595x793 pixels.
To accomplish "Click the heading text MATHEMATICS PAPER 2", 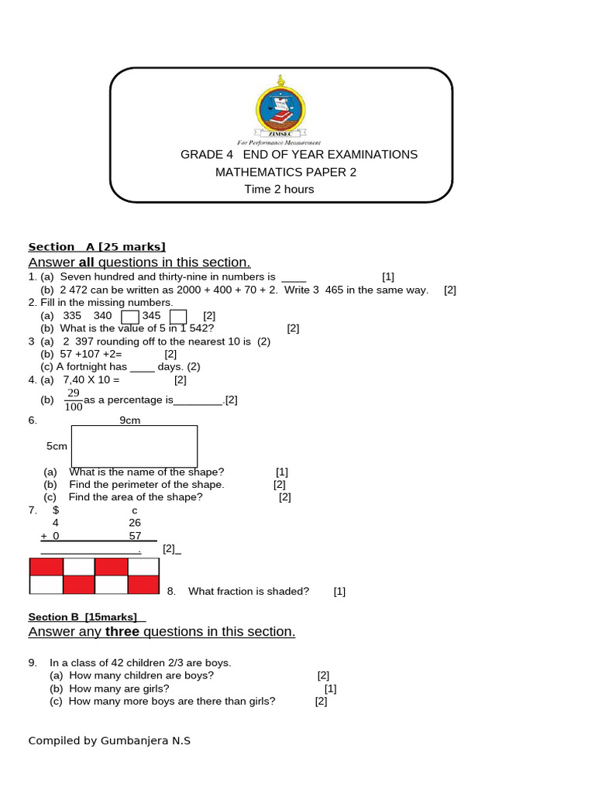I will click(x=286, y=172).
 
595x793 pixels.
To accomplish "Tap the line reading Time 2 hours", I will click(x=279, y=189).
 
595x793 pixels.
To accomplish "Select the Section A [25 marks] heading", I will click(x=97, y=247).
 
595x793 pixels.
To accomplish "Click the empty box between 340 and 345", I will click(x=130, y=317).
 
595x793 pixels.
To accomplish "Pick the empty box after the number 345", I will click(x=178, y=317).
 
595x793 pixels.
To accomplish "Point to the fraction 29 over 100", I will click(x=74, y=400).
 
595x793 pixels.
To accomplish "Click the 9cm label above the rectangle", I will click(x=129, y=421).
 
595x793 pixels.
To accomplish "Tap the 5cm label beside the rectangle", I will click(x=57, y=446).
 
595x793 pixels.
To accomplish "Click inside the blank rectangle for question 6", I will click(x=134, y=446).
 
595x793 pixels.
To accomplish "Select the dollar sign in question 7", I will click(x=56, y=510).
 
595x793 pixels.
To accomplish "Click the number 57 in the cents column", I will click(x=136, y=536).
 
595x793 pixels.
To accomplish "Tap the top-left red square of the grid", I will click(x=46, y=567).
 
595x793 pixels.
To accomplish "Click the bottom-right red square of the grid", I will click(x=143, y=585).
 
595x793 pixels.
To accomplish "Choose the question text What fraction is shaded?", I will click(x=249, y=592).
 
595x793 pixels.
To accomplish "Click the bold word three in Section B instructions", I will click(x=122, y=632).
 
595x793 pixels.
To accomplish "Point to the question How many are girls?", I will click(x=119, y=688).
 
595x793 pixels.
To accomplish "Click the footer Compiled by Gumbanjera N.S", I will click(x=109, y=741).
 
